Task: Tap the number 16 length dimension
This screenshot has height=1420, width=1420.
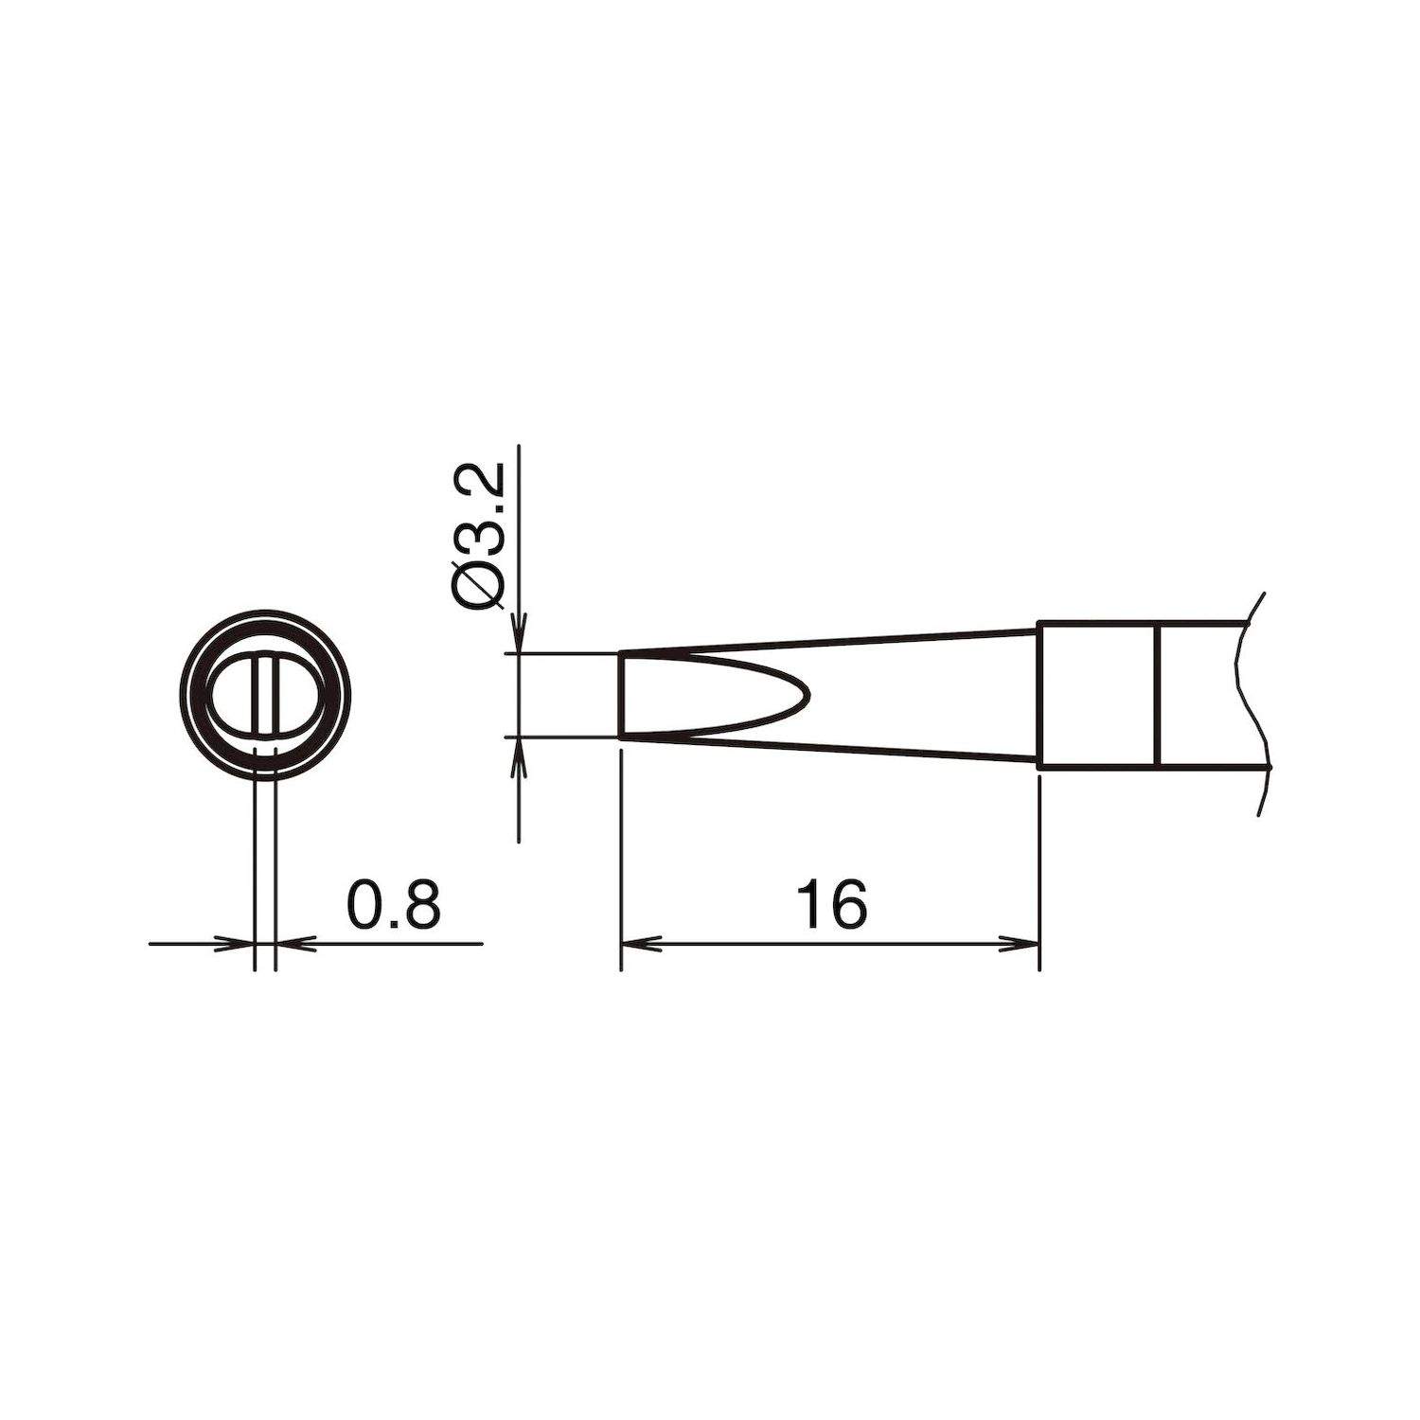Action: [x=831, y=905]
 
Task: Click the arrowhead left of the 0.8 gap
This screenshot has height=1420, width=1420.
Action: [x=241, y=943]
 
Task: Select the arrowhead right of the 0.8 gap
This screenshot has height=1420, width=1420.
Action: [x=290, y=943]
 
